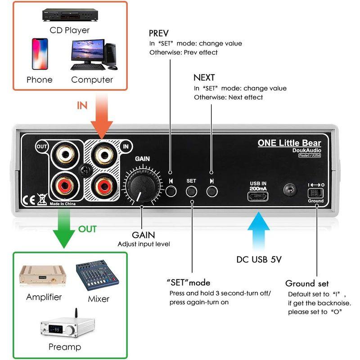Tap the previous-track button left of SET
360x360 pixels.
tap(171, 191)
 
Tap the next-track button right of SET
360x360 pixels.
tap(211, 191)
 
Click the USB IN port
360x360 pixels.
tap(258, 196)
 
